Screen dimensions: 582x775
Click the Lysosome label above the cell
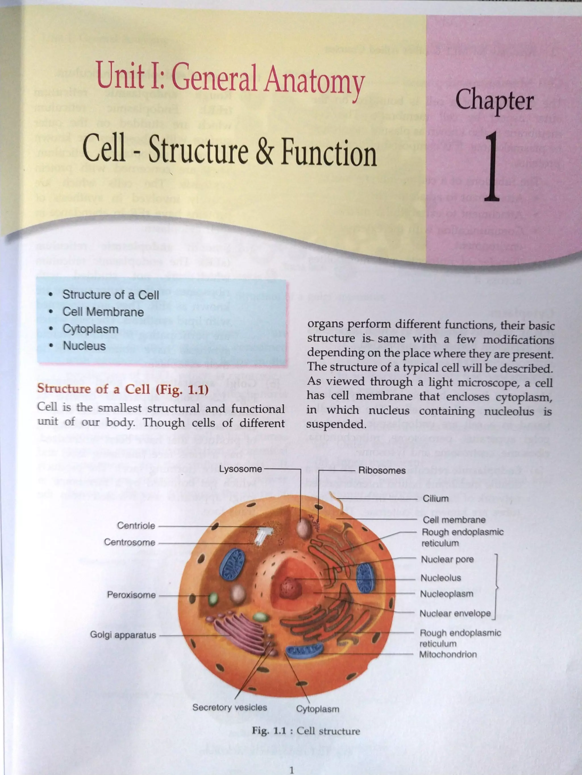click(x=240, y=469)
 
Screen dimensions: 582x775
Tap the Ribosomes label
click(x=382, y=470)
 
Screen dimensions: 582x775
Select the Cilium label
click(x=435, y=498)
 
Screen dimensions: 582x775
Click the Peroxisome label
click(x=131, y=595)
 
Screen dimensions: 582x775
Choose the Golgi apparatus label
click(x=123, y=635)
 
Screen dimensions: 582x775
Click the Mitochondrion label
click(x=448, y=654)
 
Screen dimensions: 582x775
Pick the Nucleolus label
click(x=441, y=578)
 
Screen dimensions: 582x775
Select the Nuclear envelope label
click(x=455, y=614)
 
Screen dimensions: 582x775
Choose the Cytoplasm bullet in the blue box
click(x=90, y=329)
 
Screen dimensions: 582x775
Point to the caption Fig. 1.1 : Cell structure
click(x=305, y=731)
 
